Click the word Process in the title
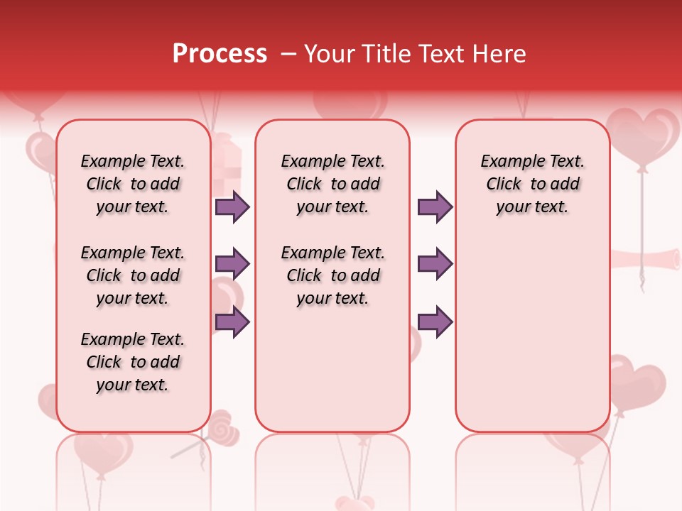pyautogui.click(x=220, y=54)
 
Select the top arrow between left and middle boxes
pyautogui.click(x=232, y=207)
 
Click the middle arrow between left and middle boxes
pyautogui.click(x=232, y=264)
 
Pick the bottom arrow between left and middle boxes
pyautogui.click(x=232, y=322)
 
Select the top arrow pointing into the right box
pyautogui.click(x=435, y=207)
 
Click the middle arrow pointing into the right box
pyautogui.click(x=435, y=264)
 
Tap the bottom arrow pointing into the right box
pyautogui.click(x=435, y=322)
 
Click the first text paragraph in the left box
pyautogui.click(x=133, y=184)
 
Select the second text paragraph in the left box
pyautogui.click(x=133, y=275)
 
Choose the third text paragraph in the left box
pyautogui.click(x=133, y=362)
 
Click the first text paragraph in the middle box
pyautogui.click(x=332, y=184)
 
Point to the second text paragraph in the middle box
pyautogui.click(x=332, y=275)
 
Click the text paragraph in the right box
pyautogui.click(x=532, y=184)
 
